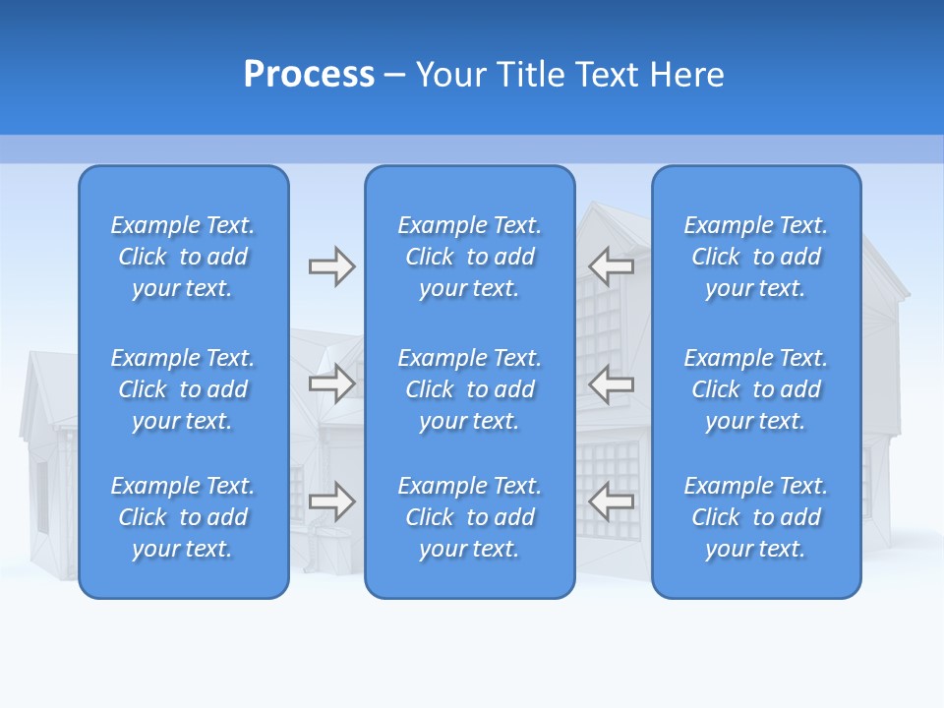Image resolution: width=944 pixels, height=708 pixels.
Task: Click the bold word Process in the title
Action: tap(309, 75)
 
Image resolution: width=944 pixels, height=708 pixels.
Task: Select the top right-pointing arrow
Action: tap(331, 266)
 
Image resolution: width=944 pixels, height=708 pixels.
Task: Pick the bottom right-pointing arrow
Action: tap(331, 502)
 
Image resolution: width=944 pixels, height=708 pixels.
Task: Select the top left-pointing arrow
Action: tap(612, 266)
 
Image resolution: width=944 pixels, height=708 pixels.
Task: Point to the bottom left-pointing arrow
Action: tap(612, 502)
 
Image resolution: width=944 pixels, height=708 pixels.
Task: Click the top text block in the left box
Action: tap(183, 257)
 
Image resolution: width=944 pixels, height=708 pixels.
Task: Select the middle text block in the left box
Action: tap(183, 389)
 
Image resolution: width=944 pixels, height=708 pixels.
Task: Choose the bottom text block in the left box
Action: tap(183, 517)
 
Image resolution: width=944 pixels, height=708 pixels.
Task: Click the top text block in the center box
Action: tap(469, 257)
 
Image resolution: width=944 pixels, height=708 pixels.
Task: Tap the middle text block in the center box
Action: tap(469, 389)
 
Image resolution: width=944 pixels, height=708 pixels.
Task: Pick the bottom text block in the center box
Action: tap(469, 517)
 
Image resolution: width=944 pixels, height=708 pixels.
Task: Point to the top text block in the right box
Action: tap(755, 257)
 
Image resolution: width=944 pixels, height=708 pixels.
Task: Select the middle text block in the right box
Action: tap(755, 389)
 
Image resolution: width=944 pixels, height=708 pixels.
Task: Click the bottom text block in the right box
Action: tap(755, 517)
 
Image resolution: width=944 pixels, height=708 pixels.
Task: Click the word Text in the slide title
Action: tap(610, 75)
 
